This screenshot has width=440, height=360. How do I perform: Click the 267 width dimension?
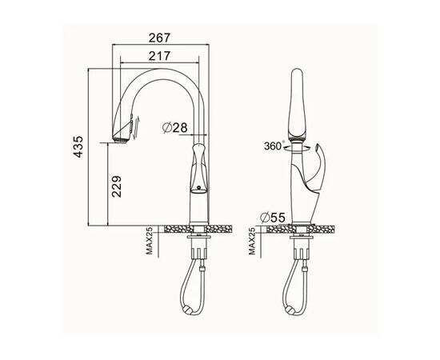159,38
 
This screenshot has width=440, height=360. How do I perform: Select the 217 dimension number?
159,56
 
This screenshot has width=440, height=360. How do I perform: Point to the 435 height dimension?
78,147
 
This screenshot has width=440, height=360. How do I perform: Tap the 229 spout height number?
117,186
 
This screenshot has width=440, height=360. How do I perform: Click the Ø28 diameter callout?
175,128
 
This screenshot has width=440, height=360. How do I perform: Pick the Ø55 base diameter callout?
273,217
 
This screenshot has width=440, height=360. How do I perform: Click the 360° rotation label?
274,146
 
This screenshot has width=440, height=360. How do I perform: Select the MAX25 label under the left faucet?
150,241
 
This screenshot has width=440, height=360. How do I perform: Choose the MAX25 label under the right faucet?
252,241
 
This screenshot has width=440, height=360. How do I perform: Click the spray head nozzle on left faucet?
120,140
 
